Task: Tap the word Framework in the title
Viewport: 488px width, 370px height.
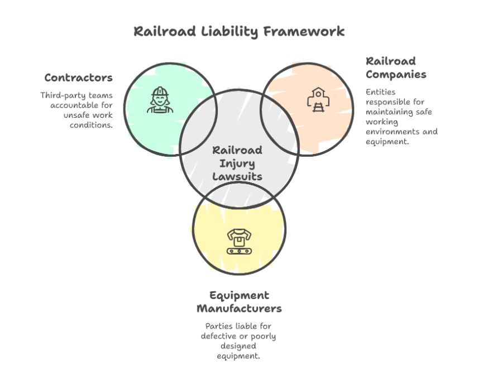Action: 304,31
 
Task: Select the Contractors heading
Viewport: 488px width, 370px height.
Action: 78,78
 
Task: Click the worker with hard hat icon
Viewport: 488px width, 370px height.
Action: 160,100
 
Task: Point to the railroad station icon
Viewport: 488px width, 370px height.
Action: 318,100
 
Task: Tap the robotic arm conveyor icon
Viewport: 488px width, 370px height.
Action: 239,241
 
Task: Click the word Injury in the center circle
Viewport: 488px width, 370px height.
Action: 237,164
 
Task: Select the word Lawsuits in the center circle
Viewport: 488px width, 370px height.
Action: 237,176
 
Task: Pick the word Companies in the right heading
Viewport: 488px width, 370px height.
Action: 396,74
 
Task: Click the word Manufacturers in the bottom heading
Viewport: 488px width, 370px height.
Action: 239,309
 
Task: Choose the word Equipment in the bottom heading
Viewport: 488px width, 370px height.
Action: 239,295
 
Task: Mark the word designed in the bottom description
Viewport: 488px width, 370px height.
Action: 238,346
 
